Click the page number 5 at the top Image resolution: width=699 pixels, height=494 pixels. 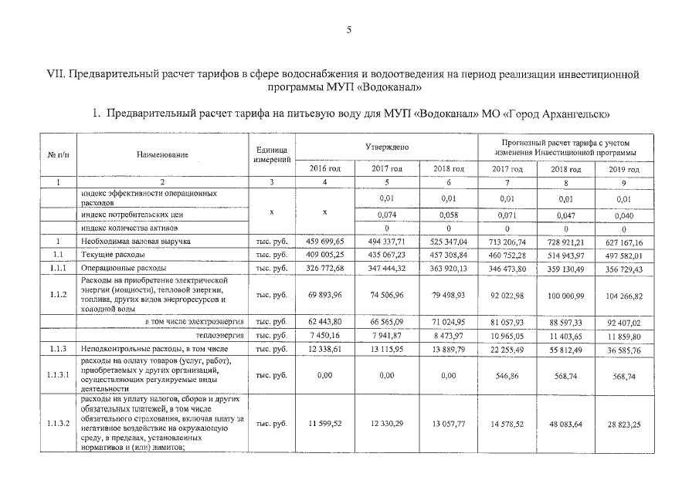(349, 30)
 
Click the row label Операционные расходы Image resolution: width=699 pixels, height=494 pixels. (114, 268)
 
